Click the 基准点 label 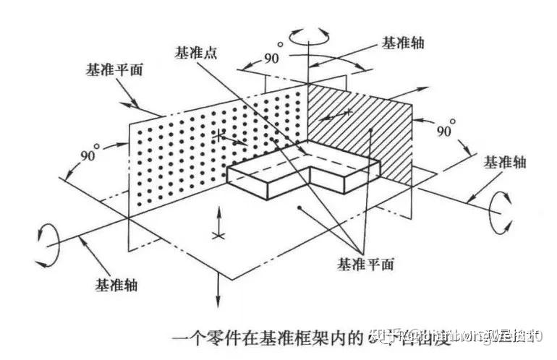[196, 53]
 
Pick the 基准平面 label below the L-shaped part [365, 264]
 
